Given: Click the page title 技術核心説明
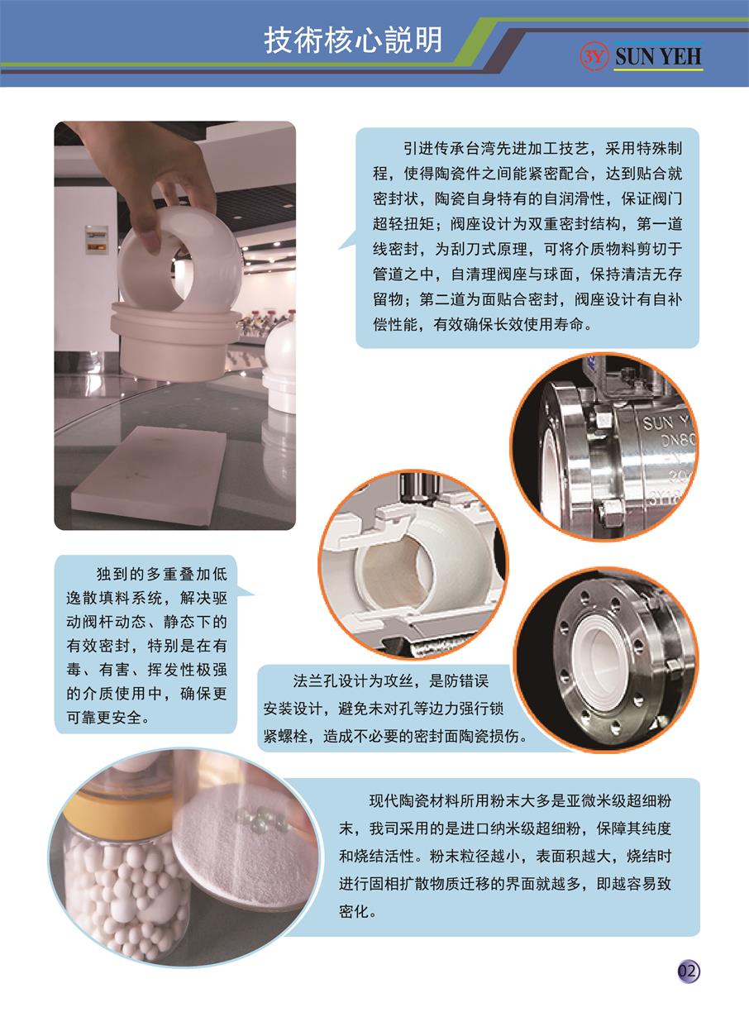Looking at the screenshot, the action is click(353, 41).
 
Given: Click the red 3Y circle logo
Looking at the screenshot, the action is click(594, 56).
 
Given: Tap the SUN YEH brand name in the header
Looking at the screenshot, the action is click(658, 57).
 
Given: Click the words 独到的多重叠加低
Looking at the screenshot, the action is click(161, 574).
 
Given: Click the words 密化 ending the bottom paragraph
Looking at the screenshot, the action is click(353, 911).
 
